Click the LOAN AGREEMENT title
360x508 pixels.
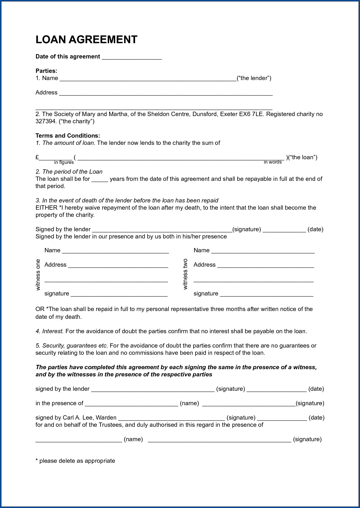86,40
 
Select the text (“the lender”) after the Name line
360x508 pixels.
254,78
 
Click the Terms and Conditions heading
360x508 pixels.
68,136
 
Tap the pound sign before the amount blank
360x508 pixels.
37,157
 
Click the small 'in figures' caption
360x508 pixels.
64,162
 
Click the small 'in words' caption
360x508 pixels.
272,162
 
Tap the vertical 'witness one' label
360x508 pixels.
38,275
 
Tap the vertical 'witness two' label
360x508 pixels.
185,274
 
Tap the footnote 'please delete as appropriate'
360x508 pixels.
77,461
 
